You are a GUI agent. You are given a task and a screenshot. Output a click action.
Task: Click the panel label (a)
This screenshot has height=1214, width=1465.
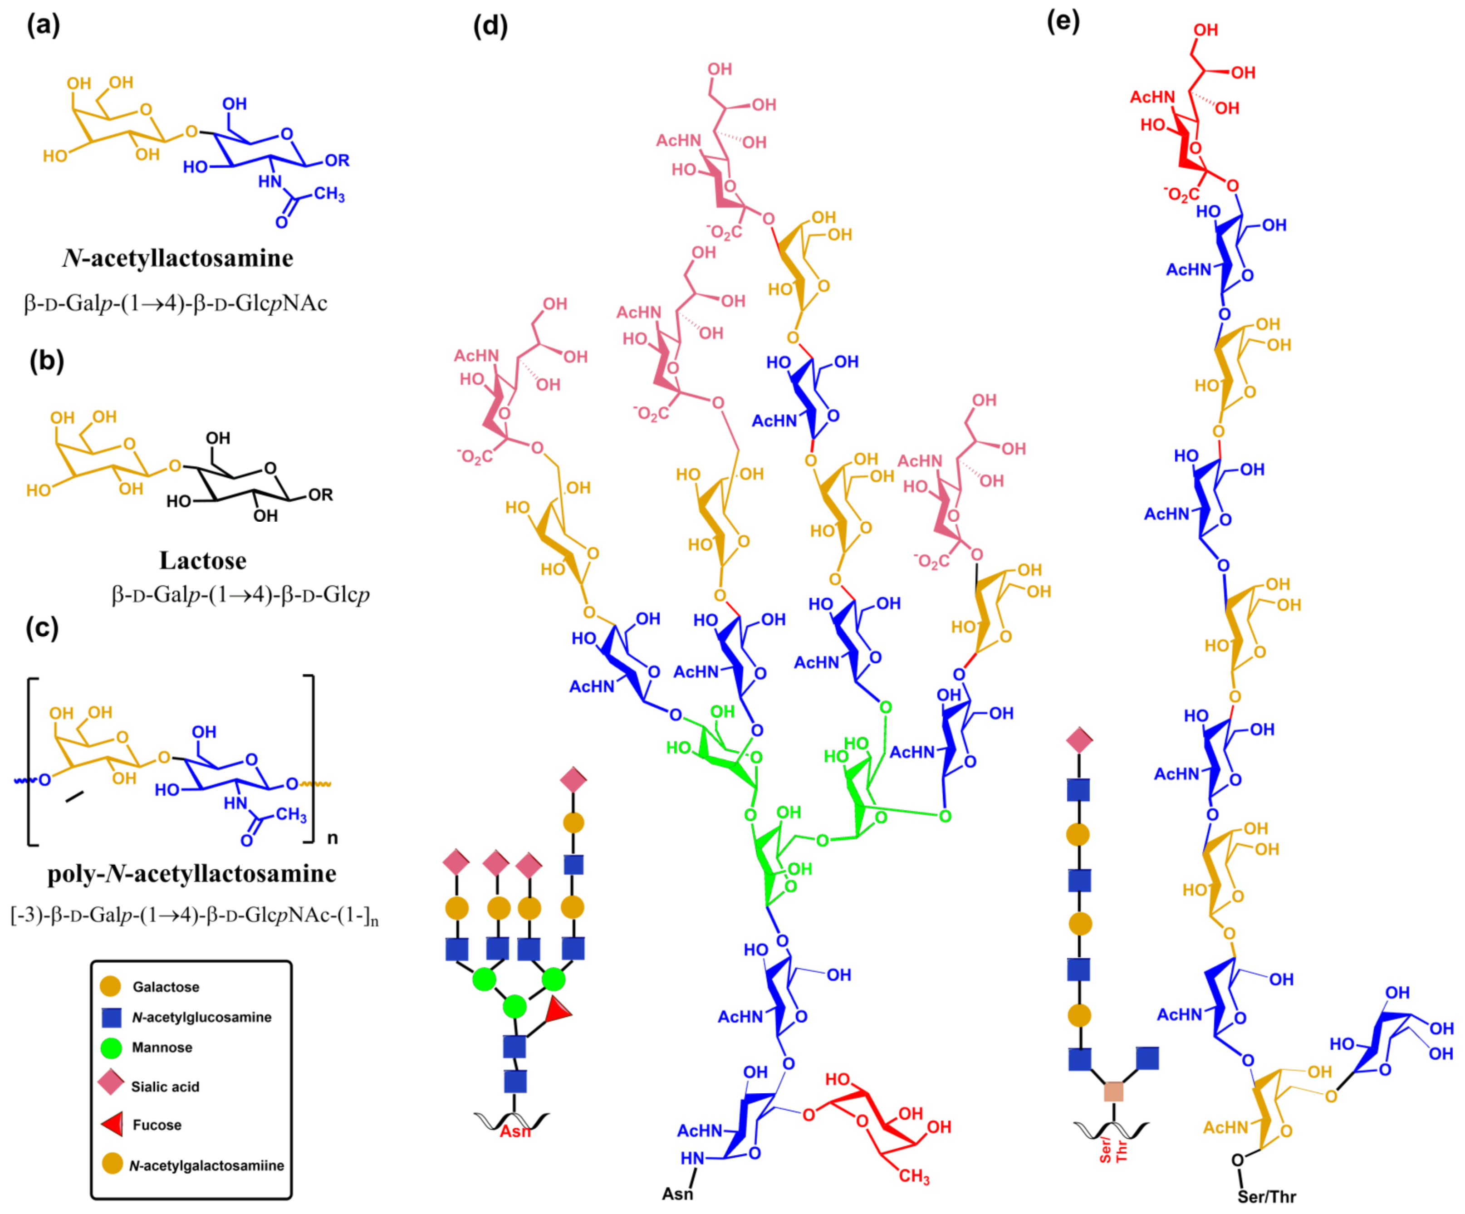click(x=43, y=26)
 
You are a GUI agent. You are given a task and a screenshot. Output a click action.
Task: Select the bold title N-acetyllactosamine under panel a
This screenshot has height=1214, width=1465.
click(x=178, y=258)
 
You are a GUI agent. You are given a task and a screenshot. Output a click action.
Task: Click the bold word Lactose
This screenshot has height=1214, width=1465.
click(x=202, y=560)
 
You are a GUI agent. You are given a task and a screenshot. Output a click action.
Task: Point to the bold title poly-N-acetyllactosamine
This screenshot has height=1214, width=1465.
click(x=192, y=873)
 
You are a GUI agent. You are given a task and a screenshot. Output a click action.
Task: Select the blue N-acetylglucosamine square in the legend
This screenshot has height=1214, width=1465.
click(x=112, y=1017)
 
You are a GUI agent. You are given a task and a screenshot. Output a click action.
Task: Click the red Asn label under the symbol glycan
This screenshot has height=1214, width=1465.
click(x=515, y=1131)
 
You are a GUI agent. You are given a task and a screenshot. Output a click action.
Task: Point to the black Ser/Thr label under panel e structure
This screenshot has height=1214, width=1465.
click(x=1266, y=1197)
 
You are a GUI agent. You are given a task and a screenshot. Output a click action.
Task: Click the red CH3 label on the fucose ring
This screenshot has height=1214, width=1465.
click(x=914, y=1176)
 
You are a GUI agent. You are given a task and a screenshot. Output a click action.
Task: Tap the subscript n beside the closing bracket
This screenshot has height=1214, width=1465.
click(x=333, y=837)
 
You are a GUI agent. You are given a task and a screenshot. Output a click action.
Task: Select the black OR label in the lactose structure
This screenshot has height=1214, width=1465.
click(x=320, y=494)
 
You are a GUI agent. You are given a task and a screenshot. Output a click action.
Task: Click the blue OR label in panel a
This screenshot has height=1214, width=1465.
click(x=337, y=161)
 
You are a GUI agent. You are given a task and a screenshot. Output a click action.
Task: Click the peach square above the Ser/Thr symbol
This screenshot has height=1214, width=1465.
click(x=1113, y=1091)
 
